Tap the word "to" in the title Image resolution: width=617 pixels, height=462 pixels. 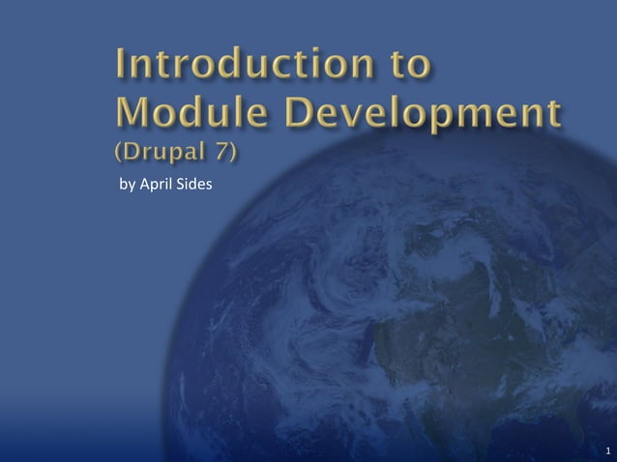pos(405,67)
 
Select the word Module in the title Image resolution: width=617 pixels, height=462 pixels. pos(177,115)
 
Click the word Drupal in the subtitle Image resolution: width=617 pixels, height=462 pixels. pos(167,154)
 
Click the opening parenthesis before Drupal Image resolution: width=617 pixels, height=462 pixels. pos(120,154)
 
